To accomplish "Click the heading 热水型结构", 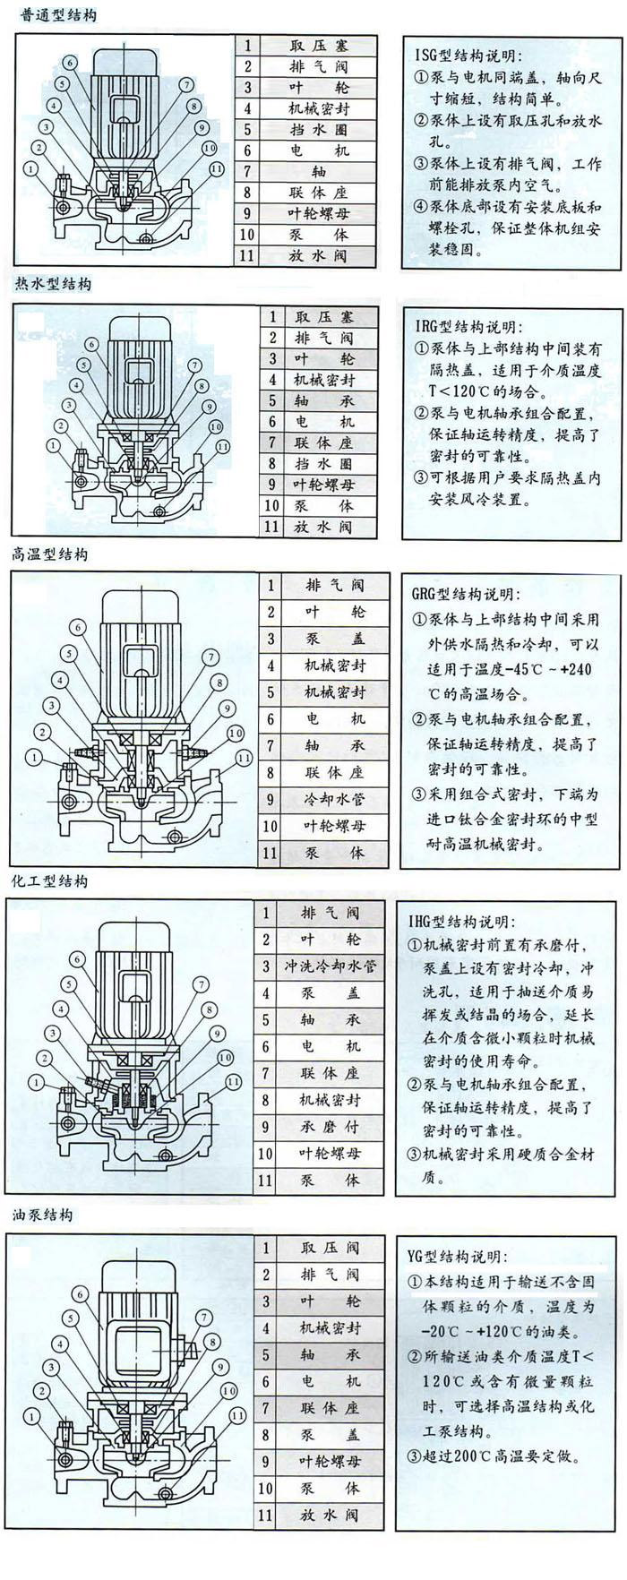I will pyautogui.click(x=53, y=284).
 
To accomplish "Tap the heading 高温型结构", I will pyautogui.click(x=50, y=554).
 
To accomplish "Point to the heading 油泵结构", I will pyautogui.click(x=42, y=1215).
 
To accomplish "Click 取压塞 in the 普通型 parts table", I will pyautogui.click(x=319, y=46).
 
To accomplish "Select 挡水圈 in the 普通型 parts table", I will pyautogui.click(x=319, y=130).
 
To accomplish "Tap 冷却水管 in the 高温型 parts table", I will pyautogui.click(x=334, y=799).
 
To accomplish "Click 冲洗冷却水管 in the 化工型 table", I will pyautogui.click(x=331, y=966).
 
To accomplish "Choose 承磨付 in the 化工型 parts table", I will pyautogui.click(x=331, y=1127).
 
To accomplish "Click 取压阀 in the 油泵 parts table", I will pyautogui.click(x=330, y=1248).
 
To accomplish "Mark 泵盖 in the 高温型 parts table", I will pyautogui.click(x=334, y=639).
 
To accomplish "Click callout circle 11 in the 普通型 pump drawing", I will pyautogui.click(x=216, y=167).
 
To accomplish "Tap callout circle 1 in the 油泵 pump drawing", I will pyautogui.click(x=33, y=1416).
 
